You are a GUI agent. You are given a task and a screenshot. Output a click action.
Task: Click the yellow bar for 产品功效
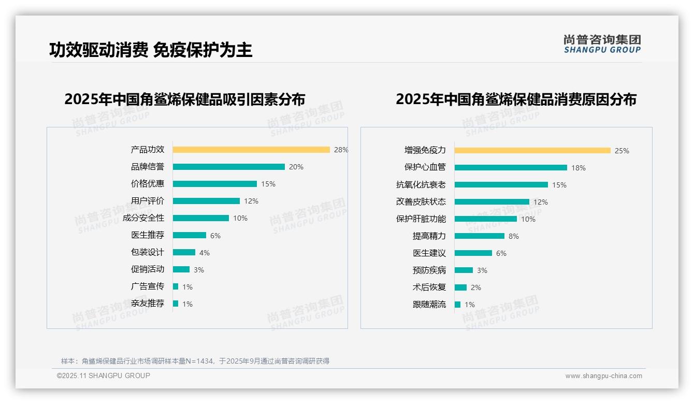[251, 150]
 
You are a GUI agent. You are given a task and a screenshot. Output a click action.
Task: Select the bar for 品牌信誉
[228, 167]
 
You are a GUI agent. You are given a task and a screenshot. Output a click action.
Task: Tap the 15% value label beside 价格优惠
[268, 184]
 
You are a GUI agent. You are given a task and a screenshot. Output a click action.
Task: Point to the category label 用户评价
[148, 201]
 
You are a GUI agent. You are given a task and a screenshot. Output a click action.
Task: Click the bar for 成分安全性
[200, 218]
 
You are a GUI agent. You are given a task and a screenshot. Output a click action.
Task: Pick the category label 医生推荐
[148, 235]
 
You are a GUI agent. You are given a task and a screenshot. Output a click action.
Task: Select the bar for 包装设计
[184, 252]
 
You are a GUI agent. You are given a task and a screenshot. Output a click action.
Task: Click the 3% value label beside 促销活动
[199, 270]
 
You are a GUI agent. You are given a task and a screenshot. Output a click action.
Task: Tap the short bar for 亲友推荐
[176, 304]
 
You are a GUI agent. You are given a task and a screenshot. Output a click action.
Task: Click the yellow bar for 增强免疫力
[532, 151]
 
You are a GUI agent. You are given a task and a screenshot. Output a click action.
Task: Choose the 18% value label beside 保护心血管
[579, 168]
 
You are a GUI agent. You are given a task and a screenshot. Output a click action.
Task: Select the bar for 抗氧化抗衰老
[501, 185]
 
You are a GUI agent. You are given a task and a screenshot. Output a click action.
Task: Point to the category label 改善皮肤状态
[421, 201]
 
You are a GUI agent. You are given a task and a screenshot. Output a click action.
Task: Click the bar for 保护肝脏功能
[485, 219]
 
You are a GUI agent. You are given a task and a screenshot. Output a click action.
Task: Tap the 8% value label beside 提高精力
[514, 236]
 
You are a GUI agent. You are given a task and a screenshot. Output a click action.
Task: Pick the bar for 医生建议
[473, 253]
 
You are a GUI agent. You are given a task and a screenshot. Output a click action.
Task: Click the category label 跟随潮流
[429, 305]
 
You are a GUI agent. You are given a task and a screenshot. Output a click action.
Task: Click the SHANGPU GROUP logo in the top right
[602, 44]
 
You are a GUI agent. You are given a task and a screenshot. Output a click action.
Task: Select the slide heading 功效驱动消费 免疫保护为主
[151, 50]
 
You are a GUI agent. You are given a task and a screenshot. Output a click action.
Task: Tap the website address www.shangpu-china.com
[603, 376]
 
